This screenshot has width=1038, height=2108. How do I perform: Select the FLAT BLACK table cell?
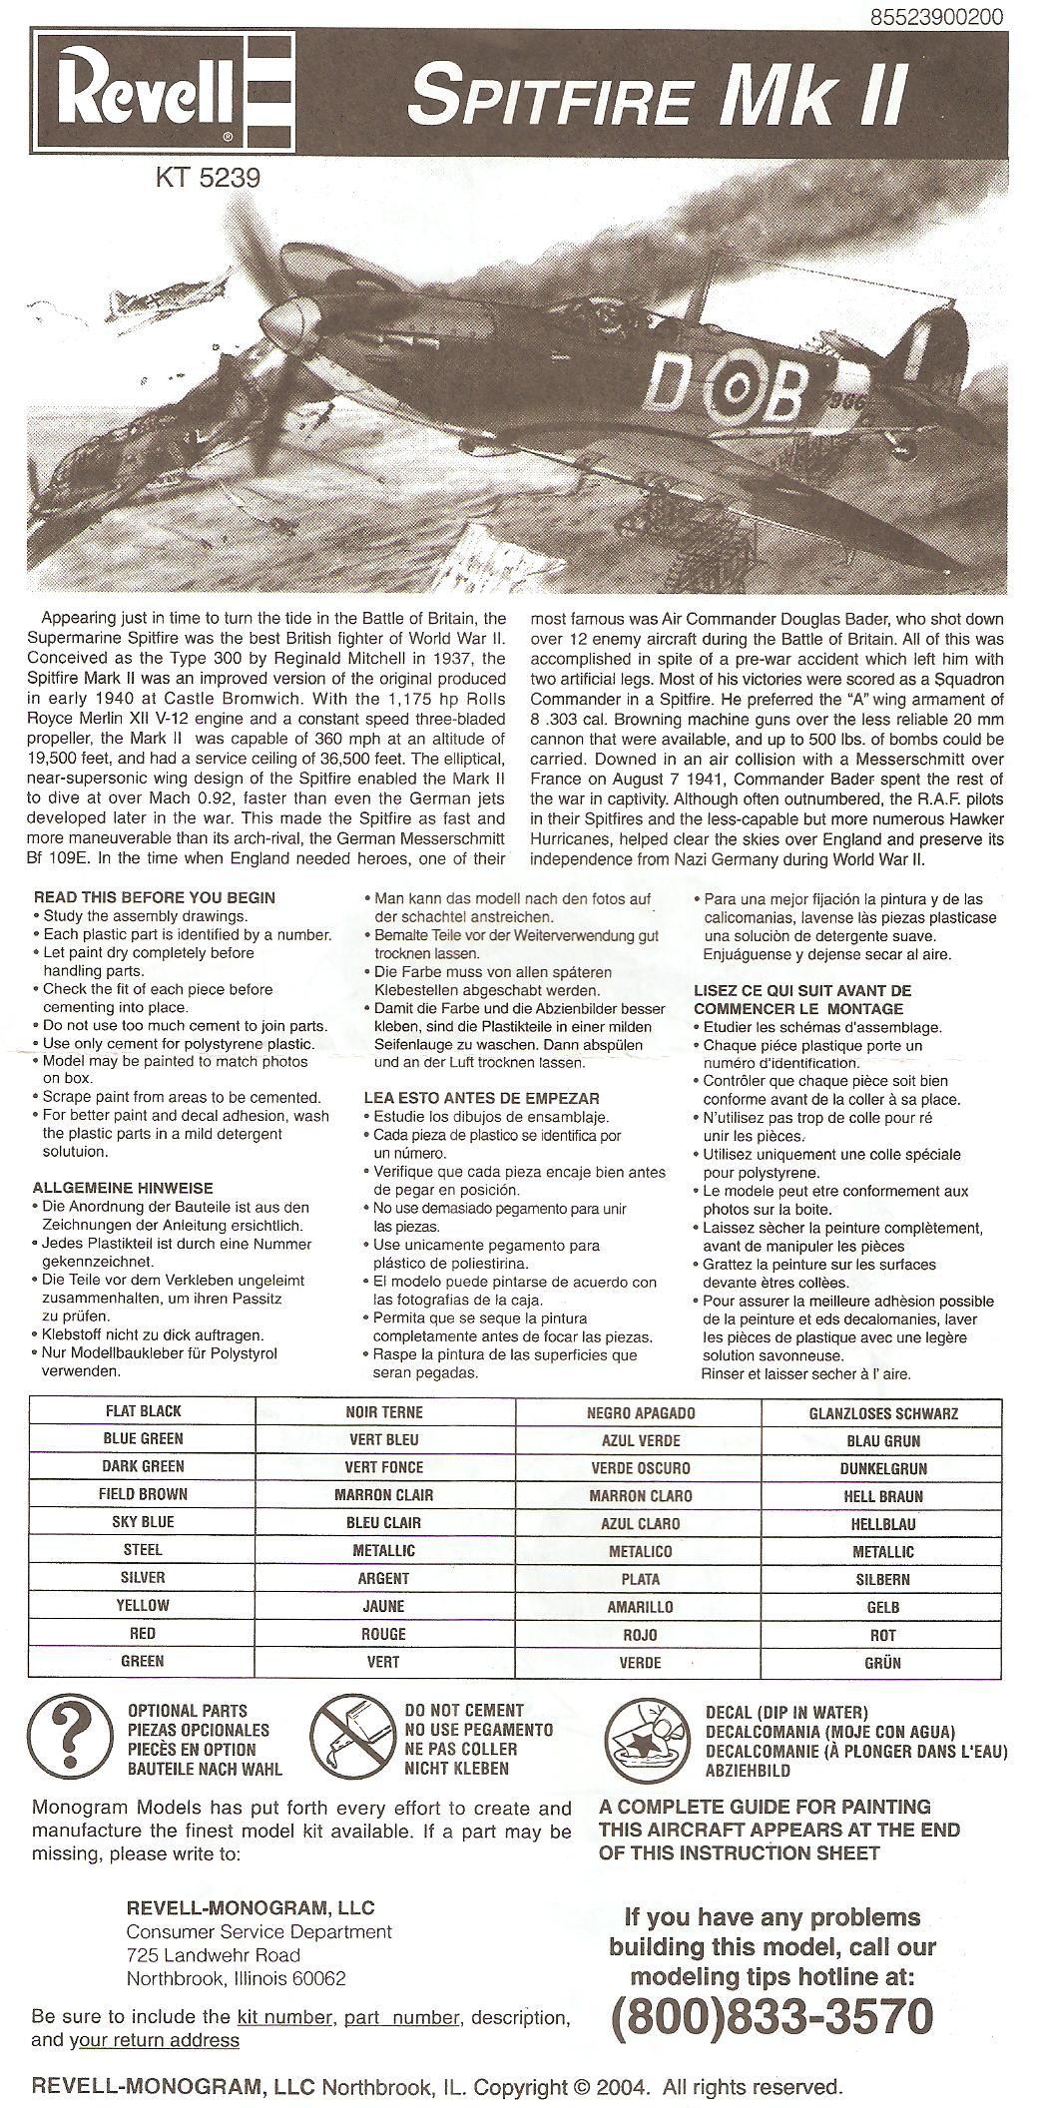[144, 1411]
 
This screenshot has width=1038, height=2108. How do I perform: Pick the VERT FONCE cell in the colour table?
[384, 1467]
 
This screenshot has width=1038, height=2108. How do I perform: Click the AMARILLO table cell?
[640, 1606]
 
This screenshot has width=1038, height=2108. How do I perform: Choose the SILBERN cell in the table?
[882, 1579]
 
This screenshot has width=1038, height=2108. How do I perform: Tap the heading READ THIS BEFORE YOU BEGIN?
[155, 897]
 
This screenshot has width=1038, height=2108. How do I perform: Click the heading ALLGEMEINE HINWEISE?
[123, 1188]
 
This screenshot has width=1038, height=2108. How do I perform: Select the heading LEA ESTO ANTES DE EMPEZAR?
[481, 1098]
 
